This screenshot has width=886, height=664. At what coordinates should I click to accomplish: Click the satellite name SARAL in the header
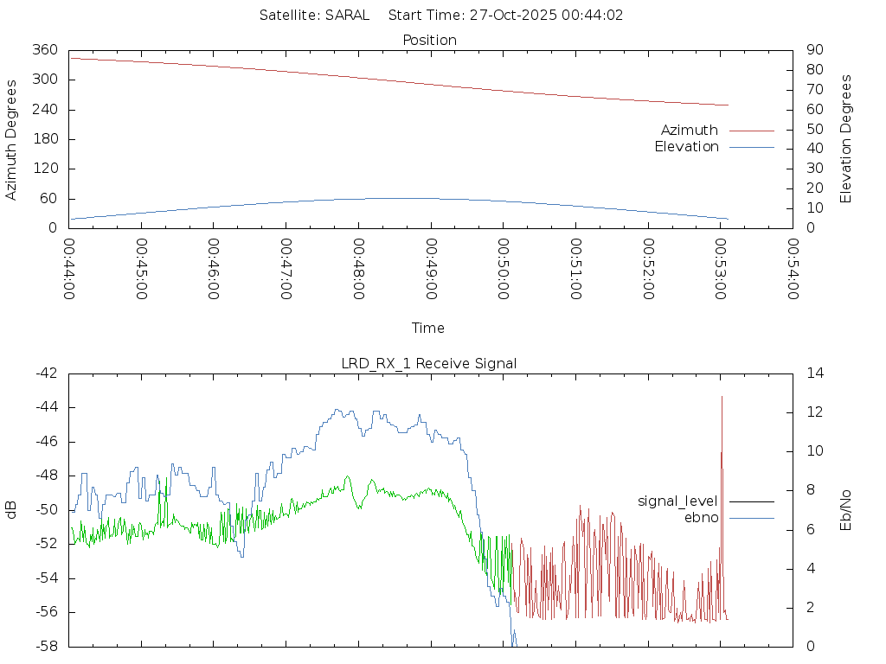347,15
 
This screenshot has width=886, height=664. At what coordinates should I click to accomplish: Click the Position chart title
430,40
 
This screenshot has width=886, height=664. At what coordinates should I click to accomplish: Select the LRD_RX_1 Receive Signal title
429,363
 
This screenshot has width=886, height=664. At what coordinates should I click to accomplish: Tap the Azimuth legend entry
690,130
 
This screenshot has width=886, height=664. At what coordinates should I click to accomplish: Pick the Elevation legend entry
686,147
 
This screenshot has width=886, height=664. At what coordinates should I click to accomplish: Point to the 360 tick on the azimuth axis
43,50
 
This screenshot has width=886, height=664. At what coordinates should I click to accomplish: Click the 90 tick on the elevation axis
813,50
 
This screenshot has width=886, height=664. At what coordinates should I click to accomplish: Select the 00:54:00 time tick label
792,269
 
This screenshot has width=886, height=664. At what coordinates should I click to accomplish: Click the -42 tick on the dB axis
46,373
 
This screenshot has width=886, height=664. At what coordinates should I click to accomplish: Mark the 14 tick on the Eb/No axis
815,373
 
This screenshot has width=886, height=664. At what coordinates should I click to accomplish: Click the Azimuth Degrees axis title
11,139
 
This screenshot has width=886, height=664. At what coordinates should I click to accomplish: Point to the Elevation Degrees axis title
846,139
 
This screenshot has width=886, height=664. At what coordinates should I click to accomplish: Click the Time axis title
428,328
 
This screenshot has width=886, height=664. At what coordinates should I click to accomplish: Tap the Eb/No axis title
846,510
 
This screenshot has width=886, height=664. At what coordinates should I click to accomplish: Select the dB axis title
11,510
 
